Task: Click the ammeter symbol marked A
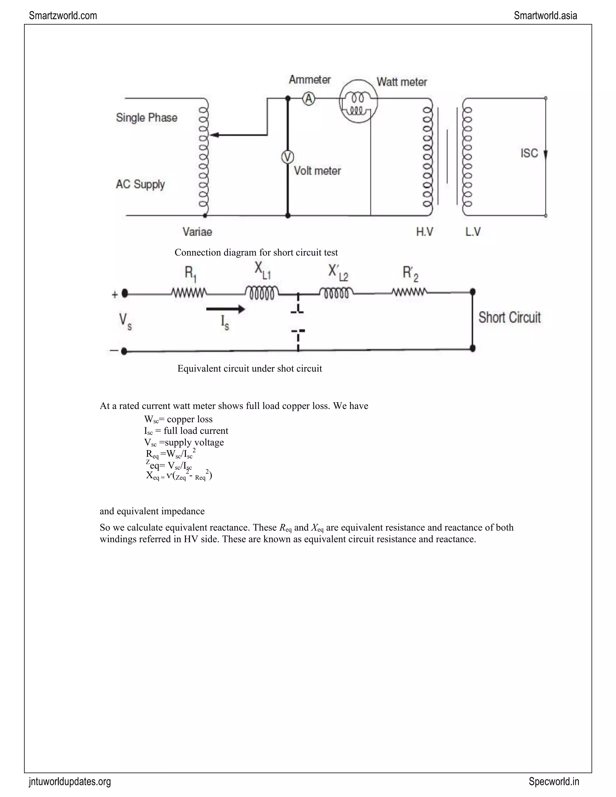tap(309, 99)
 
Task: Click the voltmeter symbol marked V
tap(288, 157)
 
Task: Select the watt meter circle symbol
tap(358, 101)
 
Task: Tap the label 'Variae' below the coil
tap(197, 232)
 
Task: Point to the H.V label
tap(425, 231)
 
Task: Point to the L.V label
tap(473, 231)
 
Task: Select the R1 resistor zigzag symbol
tap(189, 293)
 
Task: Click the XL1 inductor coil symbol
tap(262, 293)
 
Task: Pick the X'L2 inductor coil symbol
tap(336, 293)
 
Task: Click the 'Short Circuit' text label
tap(510, 318)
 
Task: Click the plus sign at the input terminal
tap(115, 294)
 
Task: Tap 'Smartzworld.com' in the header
tap(63, 16)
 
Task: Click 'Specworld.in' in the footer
tap(554, 781)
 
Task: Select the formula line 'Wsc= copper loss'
tap(178, 419)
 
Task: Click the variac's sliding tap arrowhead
tap(214, 135)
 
